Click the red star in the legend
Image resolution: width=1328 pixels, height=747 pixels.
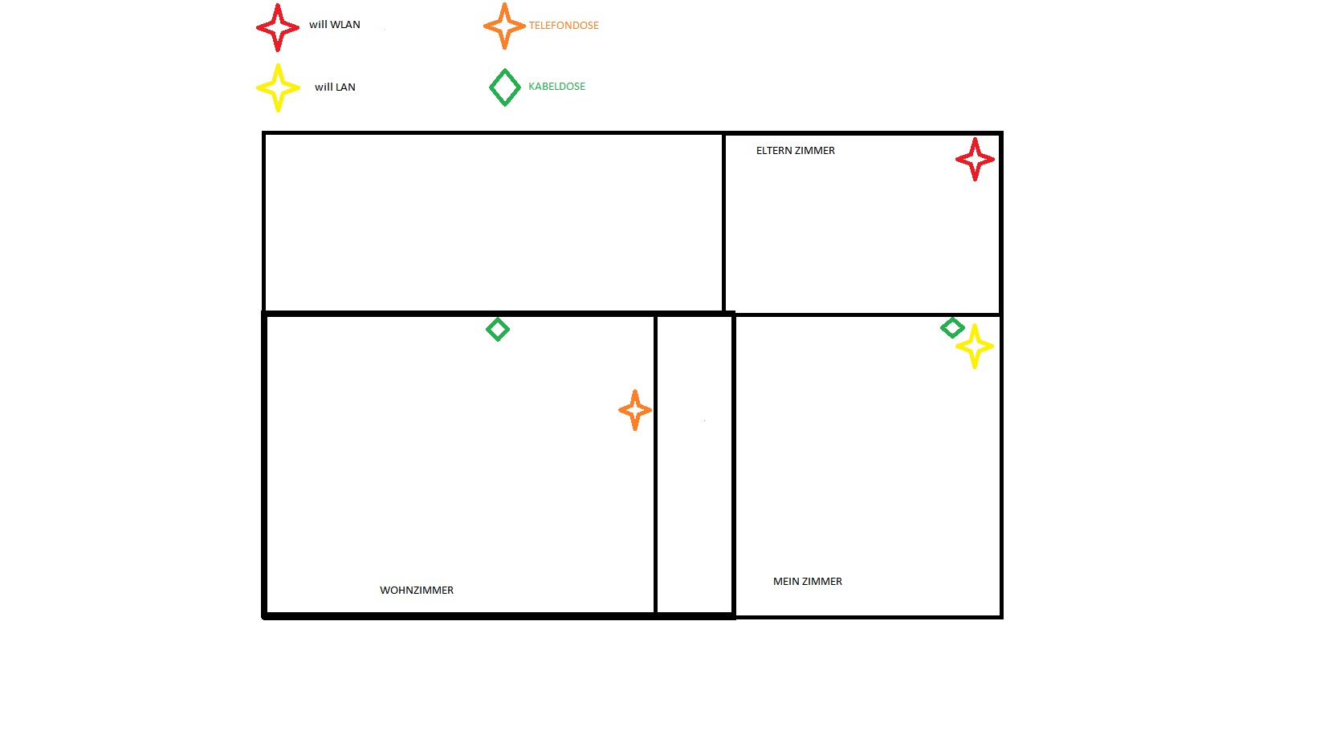(278, 27)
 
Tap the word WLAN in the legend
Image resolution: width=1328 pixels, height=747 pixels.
(345, 25)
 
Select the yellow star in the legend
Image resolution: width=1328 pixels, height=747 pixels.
(278, 87)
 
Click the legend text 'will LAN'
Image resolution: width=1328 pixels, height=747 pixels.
(335, 87)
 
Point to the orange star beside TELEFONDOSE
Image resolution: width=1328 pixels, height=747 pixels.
(504, 26)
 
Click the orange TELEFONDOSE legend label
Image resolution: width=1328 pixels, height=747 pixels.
(564, 26)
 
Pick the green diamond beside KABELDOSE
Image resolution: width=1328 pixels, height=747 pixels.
(505, 87)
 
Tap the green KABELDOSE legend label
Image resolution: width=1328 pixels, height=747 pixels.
(556, 87)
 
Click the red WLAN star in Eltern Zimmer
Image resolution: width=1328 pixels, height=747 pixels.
(975, 159)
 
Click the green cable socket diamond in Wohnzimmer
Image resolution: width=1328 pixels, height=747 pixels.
(498, 329)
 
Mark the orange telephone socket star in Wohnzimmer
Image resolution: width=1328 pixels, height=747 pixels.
(635, 410)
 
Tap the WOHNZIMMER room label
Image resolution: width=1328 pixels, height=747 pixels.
(417, 591)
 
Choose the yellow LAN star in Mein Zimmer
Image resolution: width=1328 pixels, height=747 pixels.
(975, 347)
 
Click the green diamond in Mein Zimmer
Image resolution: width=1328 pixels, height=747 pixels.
(952, 327)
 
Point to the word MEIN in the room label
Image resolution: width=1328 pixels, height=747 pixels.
(786, 582)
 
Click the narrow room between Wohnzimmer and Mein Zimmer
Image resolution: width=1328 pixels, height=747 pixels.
(695, 465)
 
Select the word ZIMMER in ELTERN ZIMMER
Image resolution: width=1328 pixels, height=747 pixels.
(815, 151)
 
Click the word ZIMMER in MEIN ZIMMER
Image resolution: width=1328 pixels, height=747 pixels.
(823, 582)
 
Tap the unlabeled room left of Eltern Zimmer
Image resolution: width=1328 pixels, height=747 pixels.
(493, 222)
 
